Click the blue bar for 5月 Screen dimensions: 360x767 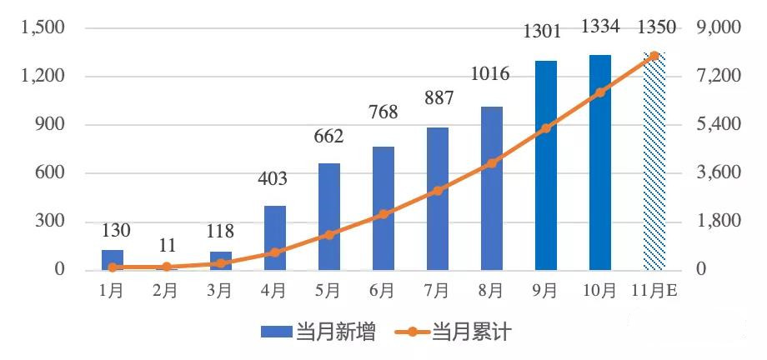point(329,217)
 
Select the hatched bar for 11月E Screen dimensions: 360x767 point(654,162)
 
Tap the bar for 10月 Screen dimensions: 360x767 point(600,162)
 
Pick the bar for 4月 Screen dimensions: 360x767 point(275,237)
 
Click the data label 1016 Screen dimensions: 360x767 point(490,74)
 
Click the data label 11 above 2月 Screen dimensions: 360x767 point(167,246)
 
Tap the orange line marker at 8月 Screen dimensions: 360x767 point(492,163)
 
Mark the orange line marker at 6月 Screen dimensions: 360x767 point(383,214)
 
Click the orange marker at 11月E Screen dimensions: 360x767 point(654,56)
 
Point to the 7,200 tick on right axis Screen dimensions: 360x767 point(719,77)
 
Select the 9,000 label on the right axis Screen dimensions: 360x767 point(719,28)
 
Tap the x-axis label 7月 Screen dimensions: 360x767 point(437,291)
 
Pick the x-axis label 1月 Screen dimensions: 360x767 point(113,291)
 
